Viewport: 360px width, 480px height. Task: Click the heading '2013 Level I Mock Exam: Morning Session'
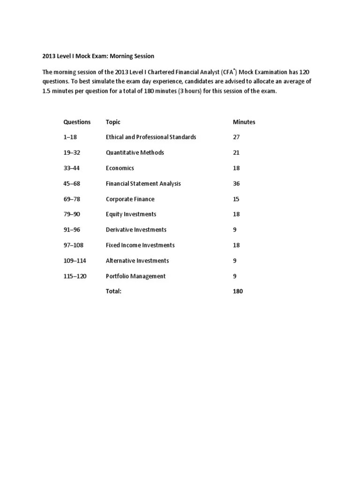[98, 56]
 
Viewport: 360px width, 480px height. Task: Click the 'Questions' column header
[77, 122]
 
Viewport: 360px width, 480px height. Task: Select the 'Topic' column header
[113, 122]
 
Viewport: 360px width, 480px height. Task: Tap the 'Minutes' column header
[244, 122]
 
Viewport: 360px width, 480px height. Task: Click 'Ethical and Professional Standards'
[151, 137]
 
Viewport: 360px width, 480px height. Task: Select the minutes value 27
[236, 137]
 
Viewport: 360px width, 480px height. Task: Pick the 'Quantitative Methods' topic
[135, 153]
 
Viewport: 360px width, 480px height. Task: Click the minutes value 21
[236, 153]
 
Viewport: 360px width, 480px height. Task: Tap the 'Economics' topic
[120, 168]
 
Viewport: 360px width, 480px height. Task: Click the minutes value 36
[236, 184]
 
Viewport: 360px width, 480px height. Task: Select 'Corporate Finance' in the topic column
[130, 199]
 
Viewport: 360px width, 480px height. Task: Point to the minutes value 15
[236, 199]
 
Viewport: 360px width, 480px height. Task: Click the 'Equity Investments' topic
[131, 214]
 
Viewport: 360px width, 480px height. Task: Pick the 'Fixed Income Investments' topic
[140, 245]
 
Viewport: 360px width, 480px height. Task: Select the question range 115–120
[75, 276]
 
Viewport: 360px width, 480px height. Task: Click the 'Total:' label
[113, 291]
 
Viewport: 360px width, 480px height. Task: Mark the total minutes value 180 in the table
[238, 291]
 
